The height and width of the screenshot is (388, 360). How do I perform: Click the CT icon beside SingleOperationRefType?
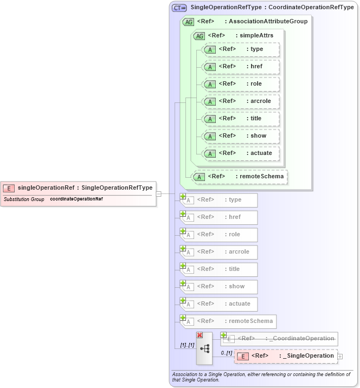(179, 8)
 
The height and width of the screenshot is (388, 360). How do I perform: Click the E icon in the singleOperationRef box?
(9, 188)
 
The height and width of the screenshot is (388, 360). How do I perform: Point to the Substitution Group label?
(24, 199)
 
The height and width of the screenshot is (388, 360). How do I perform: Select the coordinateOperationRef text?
(76, 199)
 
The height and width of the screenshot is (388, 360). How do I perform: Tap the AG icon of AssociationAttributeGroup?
(189, 22)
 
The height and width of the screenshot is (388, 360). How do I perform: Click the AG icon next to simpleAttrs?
(199, 36)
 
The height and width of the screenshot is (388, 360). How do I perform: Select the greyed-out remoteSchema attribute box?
(227, 321)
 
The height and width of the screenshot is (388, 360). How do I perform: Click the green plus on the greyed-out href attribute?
(183, 214)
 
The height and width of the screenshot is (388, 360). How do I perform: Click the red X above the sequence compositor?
(200, 335)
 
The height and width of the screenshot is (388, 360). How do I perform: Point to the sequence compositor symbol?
(204, 348)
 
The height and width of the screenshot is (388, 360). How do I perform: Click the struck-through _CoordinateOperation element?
(279, 339)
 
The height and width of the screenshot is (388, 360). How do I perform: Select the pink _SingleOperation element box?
(285, 356)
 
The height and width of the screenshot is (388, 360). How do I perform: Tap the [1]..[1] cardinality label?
(187, 345)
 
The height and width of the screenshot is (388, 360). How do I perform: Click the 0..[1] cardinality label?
(226, 353)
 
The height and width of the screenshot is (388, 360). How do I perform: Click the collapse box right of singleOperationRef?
(158, 193)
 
